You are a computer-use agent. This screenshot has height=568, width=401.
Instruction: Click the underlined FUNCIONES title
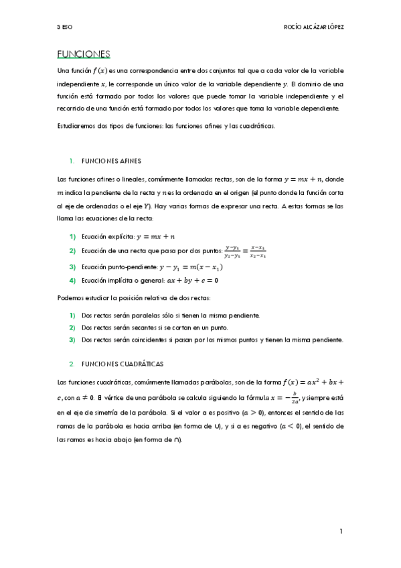(84, 54)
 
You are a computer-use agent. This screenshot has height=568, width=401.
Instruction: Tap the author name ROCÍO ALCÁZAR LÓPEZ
(313, 27)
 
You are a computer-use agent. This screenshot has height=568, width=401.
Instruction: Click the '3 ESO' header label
(65, 27)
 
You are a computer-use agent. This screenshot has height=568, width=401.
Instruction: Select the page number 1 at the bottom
(341, 531)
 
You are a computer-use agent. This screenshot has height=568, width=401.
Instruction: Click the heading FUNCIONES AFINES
(111, 161)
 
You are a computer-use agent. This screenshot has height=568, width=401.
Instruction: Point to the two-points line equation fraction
(246, 251)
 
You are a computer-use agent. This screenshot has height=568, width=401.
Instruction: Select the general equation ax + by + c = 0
(188, 281)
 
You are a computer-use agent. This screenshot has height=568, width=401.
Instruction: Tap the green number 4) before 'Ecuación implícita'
(72, 281)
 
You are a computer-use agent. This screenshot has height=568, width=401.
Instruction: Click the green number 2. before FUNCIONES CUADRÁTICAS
(72, 364)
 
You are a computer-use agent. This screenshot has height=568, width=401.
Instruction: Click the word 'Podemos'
(69, 297)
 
